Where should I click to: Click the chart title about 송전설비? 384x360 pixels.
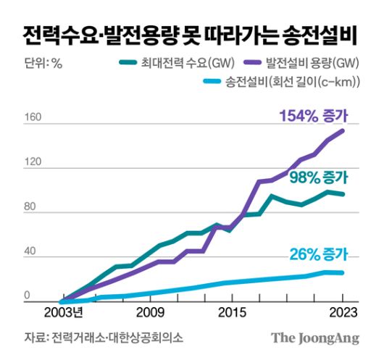pos(191,33)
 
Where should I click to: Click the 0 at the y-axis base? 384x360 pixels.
pos(28,296)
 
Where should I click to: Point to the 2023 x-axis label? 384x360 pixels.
pos(341,313)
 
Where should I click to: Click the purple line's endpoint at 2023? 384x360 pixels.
pos(343,130)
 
